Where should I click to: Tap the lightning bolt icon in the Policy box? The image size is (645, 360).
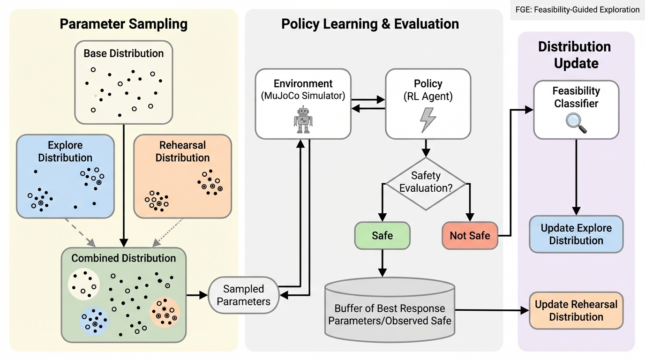coord(427,120)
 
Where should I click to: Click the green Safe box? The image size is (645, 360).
coord(382,235)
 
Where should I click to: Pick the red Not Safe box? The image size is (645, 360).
coord(470,235)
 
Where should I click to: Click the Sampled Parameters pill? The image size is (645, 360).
coord(244,295)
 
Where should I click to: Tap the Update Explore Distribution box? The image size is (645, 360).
coord(576,234)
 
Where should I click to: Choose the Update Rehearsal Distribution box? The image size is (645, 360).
coord(576,310)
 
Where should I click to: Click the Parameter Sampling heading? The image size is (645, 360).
coord(124,24)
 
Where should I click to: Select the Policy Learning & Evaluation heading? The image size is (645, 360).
coord(370,24)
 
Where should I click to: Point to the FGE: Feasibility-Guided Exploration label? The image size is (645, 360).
coord(577,9)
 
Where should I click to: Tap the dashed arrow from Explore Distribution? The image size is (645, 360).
coord(80,232)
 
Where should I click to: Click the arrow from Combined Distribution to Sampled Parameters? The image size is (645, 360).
coord(197,295)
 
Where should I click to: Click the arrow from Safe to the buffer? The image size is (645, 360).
coord(382,262)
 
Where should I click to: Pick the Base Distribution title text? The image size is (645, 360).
coord(124,53)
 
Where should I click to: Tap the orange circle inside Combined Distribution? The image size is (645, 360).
coord(165,312)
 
